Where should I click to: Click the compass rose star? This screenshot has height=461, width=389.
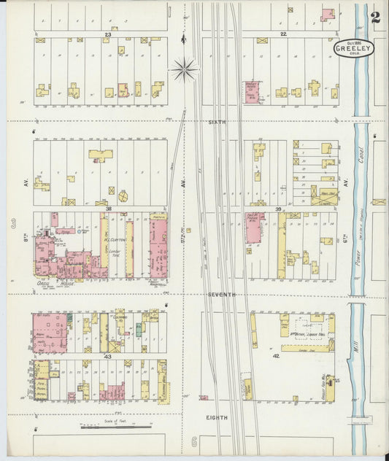[x=184, y=71]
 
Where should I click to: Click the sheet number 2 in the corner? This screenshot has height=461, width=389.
[x=374, y=18]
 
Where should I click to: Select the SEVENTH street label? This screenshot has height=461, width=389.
[x=221, y=294]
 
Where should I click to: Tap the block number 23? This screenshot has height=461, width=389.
[x=108, y=34]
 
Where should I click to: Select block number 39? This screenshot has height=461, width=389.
[x=278, y=209]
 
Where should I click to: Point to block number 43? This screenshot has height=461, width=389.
[x=107, y=355]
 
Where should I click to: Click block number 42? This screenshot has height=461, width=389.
[x=276, y=355]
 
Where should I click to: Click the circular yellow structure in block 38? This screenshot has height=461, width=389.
[x=122, y=195]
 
